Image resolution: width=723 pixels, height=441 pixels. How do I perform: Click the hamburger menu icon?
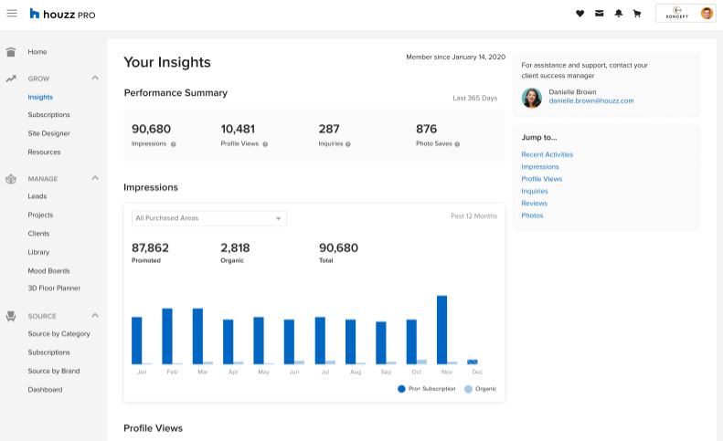[x=12, y=14]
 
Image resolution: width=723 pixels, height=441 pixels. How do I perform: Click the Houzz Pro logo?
[x=62, y=14]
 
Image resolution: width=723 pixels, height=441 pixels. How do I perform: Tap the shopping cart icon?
[x=637, y=14]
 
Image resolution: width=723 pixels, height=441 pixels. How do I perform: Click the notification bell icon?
[x=618, y=14]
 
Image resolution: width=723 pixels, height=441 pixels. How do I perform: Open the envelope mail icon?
[x=599, y=14]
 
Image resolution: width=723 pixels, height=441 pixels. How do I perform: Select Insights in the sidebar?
[x=40, y=97]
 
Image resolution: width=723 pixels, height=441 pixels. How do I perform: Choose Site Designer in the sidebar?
[x=48, y=133]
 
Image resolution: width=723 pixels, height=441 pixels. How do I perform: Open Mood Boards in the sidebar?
[x=48, y=270]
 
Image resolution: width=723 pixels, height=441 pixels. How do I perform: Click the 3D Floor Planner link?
[x=54, y=288]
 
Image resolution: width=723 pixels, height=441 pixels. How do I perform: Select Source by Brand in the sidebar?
[x=54, y=371]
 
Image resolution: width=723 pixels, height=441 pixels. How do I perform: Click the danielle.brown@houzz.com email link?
[x=591, y=100]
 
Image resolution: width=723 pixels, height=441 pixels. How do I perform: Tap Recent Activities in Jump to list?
[x=548, y=154]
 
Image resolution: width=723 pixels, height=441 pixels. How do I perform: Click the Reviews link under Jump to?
[x=535, y=204]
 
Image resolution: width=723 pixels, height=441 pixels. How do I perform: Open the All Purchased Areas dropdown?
[x=209, y=218]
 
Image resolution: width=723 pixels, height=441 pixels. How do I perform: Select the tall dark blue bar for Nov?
[x=441, y=330]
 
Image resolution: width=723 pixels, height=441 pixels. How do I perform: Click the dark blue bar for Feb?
[x=167, y=336]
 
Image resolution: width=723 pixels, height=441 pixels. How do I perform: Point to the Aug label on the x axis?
[x=356, y=372]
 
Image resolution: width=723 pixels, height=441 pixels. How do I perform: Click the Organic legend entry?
[x=481, y=389]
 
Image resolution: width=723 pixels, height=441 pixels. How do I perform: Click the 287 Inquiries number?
[x=329, y=129]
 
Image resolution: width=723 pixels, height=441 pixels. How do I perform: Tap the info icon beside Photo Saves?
[x=457, y=144]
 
